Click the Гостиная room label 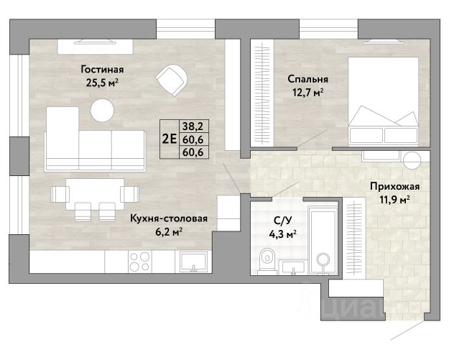(102, 69)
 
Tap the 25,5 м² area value (102, 83)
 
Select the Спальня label (307, 79)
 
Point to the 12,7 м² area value (307, 92)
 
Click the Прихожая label (395, 186)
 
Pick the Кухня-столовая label (169, 218)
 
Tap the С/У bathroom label (282, 221)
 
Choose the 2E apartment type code (170, 139)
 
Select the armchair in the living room (172, 80)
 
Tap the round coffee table (102, 110)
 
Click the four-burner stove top (140, 262)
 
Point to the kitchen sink (193, 262)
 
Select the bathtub (323, 243)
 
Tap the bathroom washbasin (293, 267)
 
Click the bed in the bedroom (383, 101)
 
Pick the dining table (95, 194)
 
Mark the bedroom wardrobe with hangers (262, 93)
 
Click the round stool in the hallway (412, 160)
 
